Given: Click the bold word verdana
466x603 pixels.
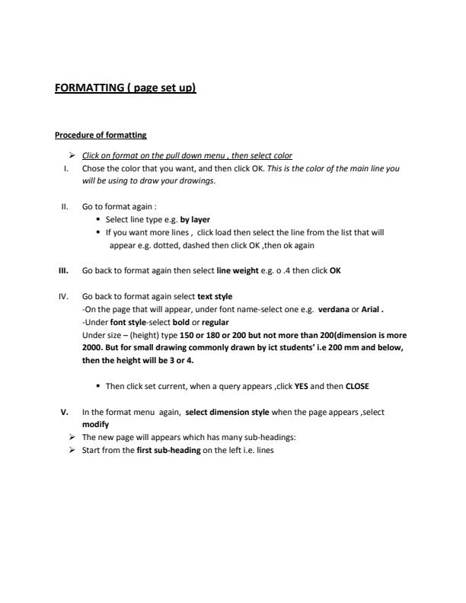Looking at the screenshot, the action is [334, 309].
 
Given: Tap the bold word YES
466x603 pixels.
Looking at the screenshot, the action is [302, 386].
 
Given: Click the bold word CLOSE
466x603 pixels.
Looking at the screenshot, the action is [357, 386].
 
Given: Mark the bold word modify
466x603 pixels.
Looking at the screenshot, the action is [95, 424].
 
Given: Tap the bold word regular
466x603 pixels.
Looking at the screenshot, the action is [216, 322].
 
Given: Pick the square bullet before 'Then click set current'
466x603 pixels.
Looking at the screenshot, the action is [99, 386].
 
